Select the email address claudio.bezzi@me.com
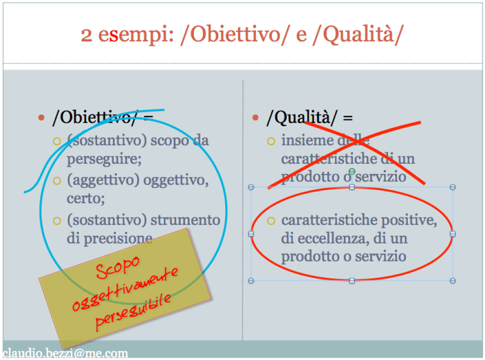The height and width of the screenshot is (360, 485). [65, 353]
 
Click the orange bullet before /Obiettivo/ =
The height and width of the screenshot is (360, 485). [42, 118]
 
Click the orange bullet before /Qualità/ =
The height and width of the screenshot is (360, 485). [255, 118]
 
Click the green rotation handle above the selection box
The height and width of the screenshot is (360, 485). [352, 171]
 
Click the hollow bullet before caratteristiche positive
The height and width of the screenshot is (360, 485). [271, 221]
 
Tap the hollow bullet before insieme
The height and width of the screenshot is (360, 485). [271, 141]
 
